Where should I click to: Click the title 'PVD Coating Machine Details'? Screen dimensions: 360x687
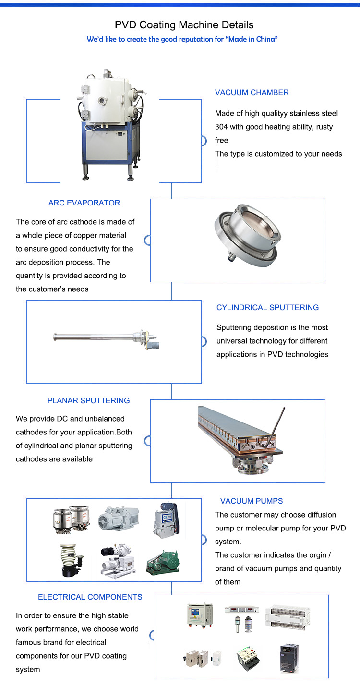pos(184,25)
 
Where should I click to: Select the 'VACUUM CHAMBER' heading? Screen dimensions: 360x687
pos(252,92)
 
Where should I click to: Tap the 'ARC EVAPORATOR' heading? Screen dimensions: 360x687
pos(84,203)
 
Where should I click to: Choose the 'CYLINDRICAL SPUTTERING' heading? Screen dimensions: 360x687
pos(267,307)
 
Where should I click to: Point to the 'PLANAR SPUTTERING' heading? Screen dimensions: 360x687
pos(88,400)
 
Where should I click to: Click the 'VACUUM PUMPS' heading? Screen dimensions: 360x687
pos(252,501)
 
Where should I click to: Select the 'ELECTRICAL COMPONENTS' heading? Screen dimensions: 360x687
pos(90,597)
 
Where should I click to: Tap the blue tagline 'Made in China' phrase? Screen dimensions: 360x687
pos(252,39)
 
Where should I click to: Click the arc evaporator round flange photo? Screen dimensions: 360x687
pos(248,236)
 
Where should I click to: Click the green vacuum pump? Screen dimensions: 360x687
pos(163,562)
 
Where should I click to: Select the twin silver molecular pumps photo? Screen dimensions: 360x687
pos(72,519)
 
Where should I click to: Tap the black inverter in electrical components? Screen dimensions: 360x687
pos(289,658)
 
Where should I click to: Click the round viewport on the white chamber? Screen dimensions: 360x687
pos(101,100)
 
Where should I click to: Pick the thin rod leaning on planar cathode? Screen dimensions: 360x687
pos(276,427)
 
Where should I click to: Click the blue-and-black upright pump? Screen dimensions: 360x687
pos(166,520)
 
